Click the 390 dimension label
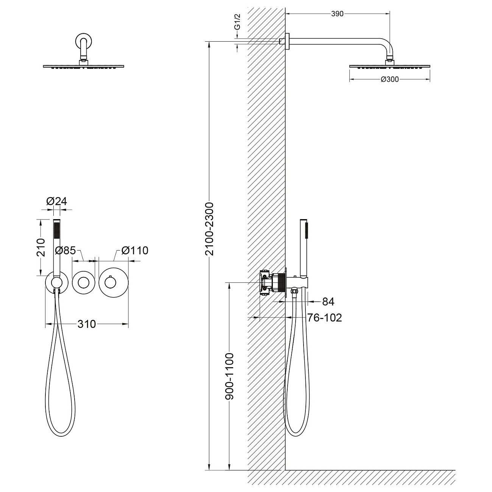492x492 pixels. (337, 14)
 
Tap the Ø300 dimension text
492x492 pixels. (389, 79)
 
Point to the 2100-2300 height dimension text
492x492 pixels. (209, 229)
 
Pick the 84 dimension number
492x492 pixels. (329, 302)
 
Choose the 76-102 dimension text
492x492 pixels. (324, 318)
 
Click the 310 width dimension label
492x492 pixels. (87, 324)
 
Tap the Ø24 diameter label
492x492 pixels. (57, 201)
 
